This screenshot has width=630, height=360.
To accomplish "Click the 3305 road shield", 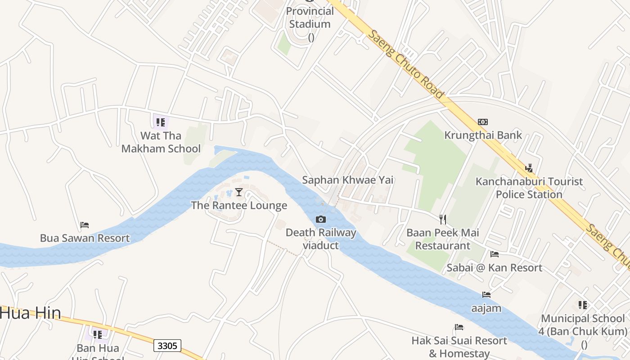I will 167,346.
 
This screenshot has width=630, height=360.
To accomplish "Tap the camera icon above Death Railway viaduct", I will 321,219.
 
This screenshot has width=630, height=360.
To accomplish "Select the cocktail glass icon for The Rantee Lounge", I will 239,192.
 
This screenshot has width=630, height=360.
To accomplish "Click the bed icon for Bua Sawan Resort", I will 85,225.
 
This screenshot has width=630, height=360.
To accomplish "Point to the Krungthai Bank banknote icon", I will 483,122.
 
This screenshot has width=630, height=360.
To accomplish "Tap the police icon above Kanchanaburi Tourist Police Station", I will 529,168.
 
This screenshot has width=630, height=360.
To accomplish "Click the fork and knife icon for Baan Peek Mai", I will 443,220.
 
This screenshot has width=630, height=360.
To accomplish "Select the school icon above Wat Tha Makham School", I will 161,122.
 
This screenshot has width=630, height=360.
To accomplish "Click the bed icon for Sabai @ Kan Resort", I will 495,254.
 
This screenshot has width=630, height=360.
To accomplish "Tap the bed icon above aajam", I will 486,295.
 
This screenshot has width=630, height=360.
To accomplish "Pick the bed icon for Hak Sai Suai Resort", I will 459,327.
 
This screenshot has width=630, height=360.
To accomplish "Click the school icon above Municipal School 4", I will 583,305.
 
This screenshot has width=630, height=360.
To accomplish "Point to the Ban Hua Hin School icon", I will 98,334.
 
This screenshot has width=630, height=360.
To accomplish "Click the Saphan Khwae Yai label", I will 347,180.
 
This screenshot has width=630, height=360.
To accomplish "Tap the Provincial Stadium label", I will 310,18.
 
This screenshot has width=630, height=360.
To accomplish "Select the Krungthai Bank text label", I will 483,135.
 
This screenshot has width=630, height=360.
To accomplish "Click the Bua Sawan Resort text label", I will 85,238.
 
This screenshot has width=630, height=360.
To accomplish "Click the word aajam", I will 486,309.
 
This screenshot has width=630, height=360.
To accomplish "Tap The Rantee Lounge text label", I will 239,206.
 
